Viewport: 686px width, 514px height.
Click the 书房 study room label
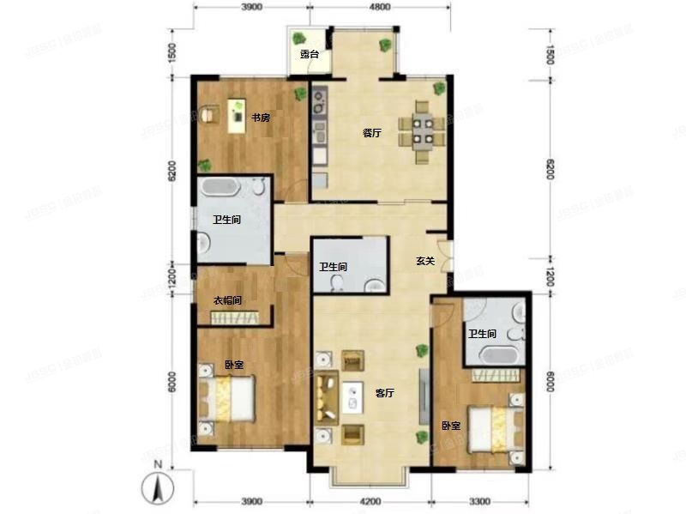261,118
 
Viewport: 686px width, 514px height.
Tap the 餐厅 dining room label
371,133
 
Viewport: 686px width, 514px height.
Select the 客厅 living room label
385,392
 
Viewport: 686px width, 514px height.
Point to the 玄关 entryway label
425,261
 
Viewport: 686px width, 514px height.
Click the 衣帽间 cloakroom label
227,300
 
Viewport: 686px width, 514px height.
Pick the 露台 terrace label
310,54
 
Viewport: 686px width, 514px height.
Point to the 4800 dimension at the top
380,7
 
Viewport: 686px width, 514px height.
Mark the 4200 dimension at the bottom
370,501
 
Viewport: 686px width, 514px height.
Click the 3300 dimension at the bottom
479,501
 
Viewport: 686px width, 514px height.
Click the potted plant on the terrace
300,39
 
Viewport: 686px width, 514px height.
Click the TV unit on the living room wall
422,395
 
